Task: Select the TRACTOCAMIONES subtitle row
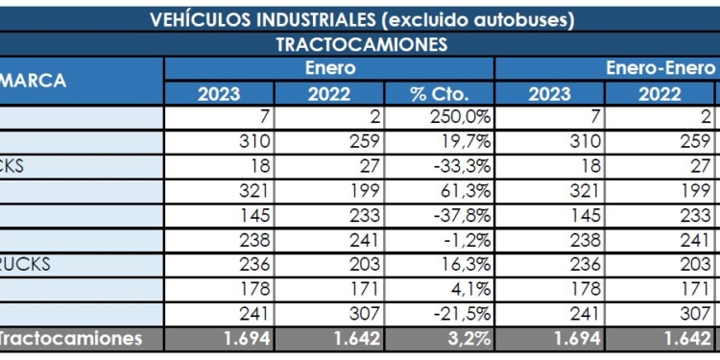point(362,45)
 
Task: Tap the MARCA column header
point(34,81)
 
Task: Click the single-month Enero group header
point(329,68)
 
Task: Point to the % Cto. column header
point(439,94)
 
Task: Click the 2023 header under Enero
point(219,94)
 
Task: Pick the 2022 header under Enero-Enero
point(660,94)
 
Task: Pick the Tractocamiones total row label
point(71,338)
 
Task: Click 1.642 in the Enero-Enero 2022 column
point(683,338)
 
